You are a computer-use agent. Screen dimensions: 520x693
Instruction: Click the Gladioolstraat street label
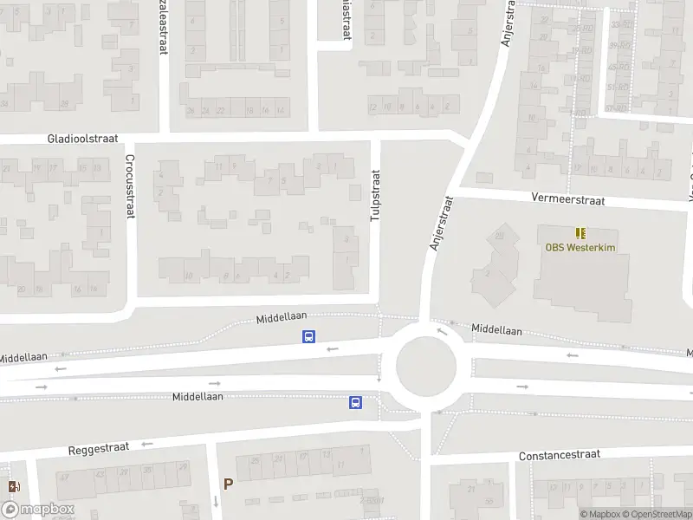click(x=81, y=139)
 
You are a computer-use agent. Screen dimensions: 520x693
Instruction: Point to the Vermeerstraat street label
click(x=568, y=199)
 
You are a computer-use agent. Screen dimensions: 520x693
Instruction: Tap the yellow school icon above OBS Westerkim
click(x=580, y=232)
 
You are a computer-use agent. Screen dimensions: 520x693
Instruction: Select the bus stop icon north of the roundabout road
click(x=308, y=337)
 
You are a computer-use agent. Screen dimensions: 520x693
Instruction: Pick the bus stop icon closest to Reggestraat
click(x=355, y=402)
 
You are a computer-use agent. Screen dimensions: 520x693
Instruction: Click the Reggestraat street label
click(x=99, y=449)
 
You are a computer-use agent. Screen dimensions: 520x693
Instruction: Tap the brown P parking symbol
click(x=228, y=484)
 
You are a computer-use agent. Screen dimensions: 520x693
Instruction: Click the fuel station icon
click(x=12, y=487)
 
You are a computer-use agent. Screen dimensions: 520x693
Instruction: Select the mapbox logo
click(x=37, y=510)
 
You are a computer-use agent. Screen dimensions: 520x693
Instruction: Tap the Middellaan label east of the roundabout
click(x=496, y=330)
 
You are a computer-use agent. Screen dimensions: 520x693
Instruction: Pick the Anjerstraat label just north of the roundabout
click(x=441, y=223)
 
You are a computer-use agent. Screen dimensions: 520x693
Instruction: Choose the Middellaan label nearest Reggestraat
click(x=198, y=396)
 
